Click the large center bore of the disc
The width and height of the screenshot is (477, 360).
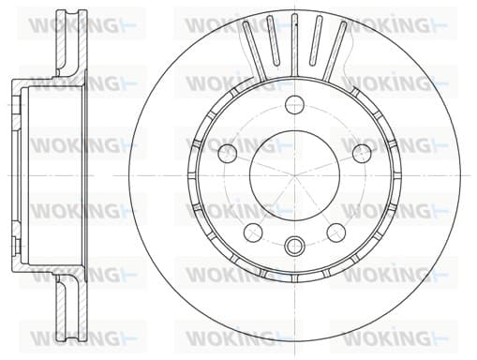[294, 175]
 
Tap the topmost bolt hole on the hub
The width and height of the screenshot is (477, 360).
[295, 105]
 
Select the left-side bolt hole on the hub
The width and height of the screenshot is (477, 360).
[228, 153]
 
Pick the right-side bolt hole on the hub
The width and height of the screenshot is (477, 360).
[362, 153]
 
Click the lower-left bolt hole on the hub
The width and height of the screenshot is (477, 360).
[253, 232]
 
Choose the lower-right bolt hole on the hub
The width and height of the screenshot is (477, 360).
[336, 232]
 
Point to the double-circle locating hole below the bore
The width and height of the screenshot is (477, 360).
[294, 246]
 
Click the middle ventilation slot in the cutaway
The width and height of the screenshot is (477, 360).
[294, 45]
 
